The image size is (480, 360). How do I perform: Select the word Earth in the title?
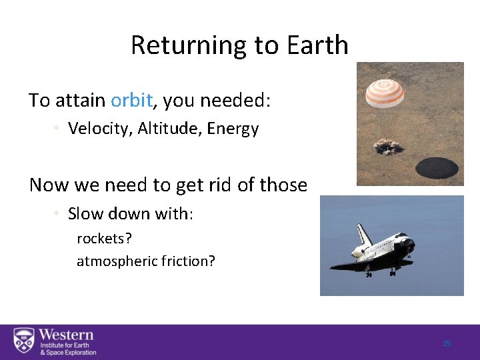(x=317, y=45)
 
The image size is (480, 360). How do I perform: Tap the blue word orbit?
(x=132, y=100)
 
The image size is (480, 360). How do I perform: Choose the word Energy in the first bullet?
(x=233, y=129)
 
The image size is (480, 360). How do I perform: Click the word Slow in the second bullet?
(x=83, y=215)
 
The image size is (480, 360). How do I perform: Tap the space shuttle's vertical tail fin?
(x=364, y=235)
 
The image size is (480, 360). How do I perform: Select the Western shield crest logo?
(x=24, y=341)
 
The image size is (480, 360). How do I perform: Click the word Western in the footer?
(x=66, y=335)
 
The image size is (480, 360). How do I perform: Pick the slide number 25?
(x=447, y=343)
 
